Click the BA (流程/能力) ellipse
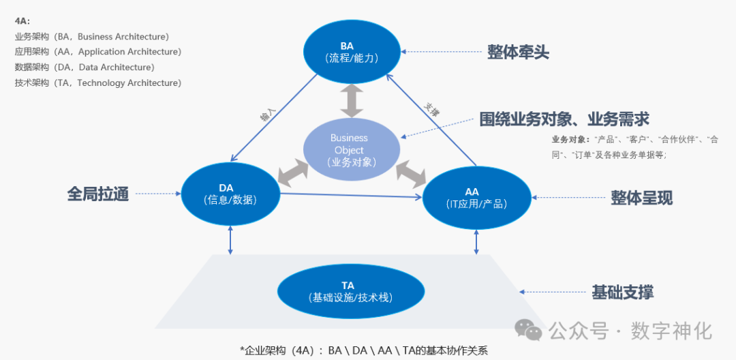(352, 52)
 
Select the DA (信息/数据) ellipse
(231, 194)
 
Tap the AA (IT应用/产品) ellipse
(476, 198)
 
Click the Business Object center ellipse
(349, 150)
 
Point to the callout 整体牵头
(518, 52)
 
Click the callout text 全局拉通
(98, 194)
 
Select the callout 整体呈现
(641, 198)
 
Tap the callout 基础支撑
(622, 292)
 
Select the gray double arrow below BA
(352, 102)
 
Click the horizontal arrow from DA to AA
(351, 196)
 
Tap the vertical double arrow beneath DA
(231, 240)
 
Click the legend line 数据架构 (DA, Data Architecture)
(85, 67)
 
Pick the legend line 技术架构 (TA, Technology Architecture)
(97, 83)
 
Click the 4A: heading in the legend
(22, 21)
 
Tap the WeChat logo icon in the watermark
(529, 331)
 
